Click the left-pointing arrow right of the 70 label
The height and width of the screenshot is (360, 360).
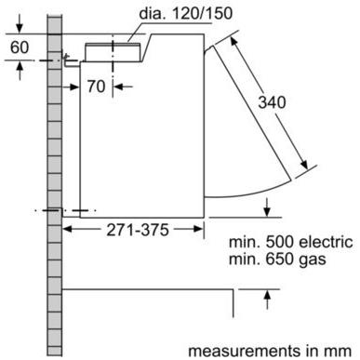click(x=120, y=87)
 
